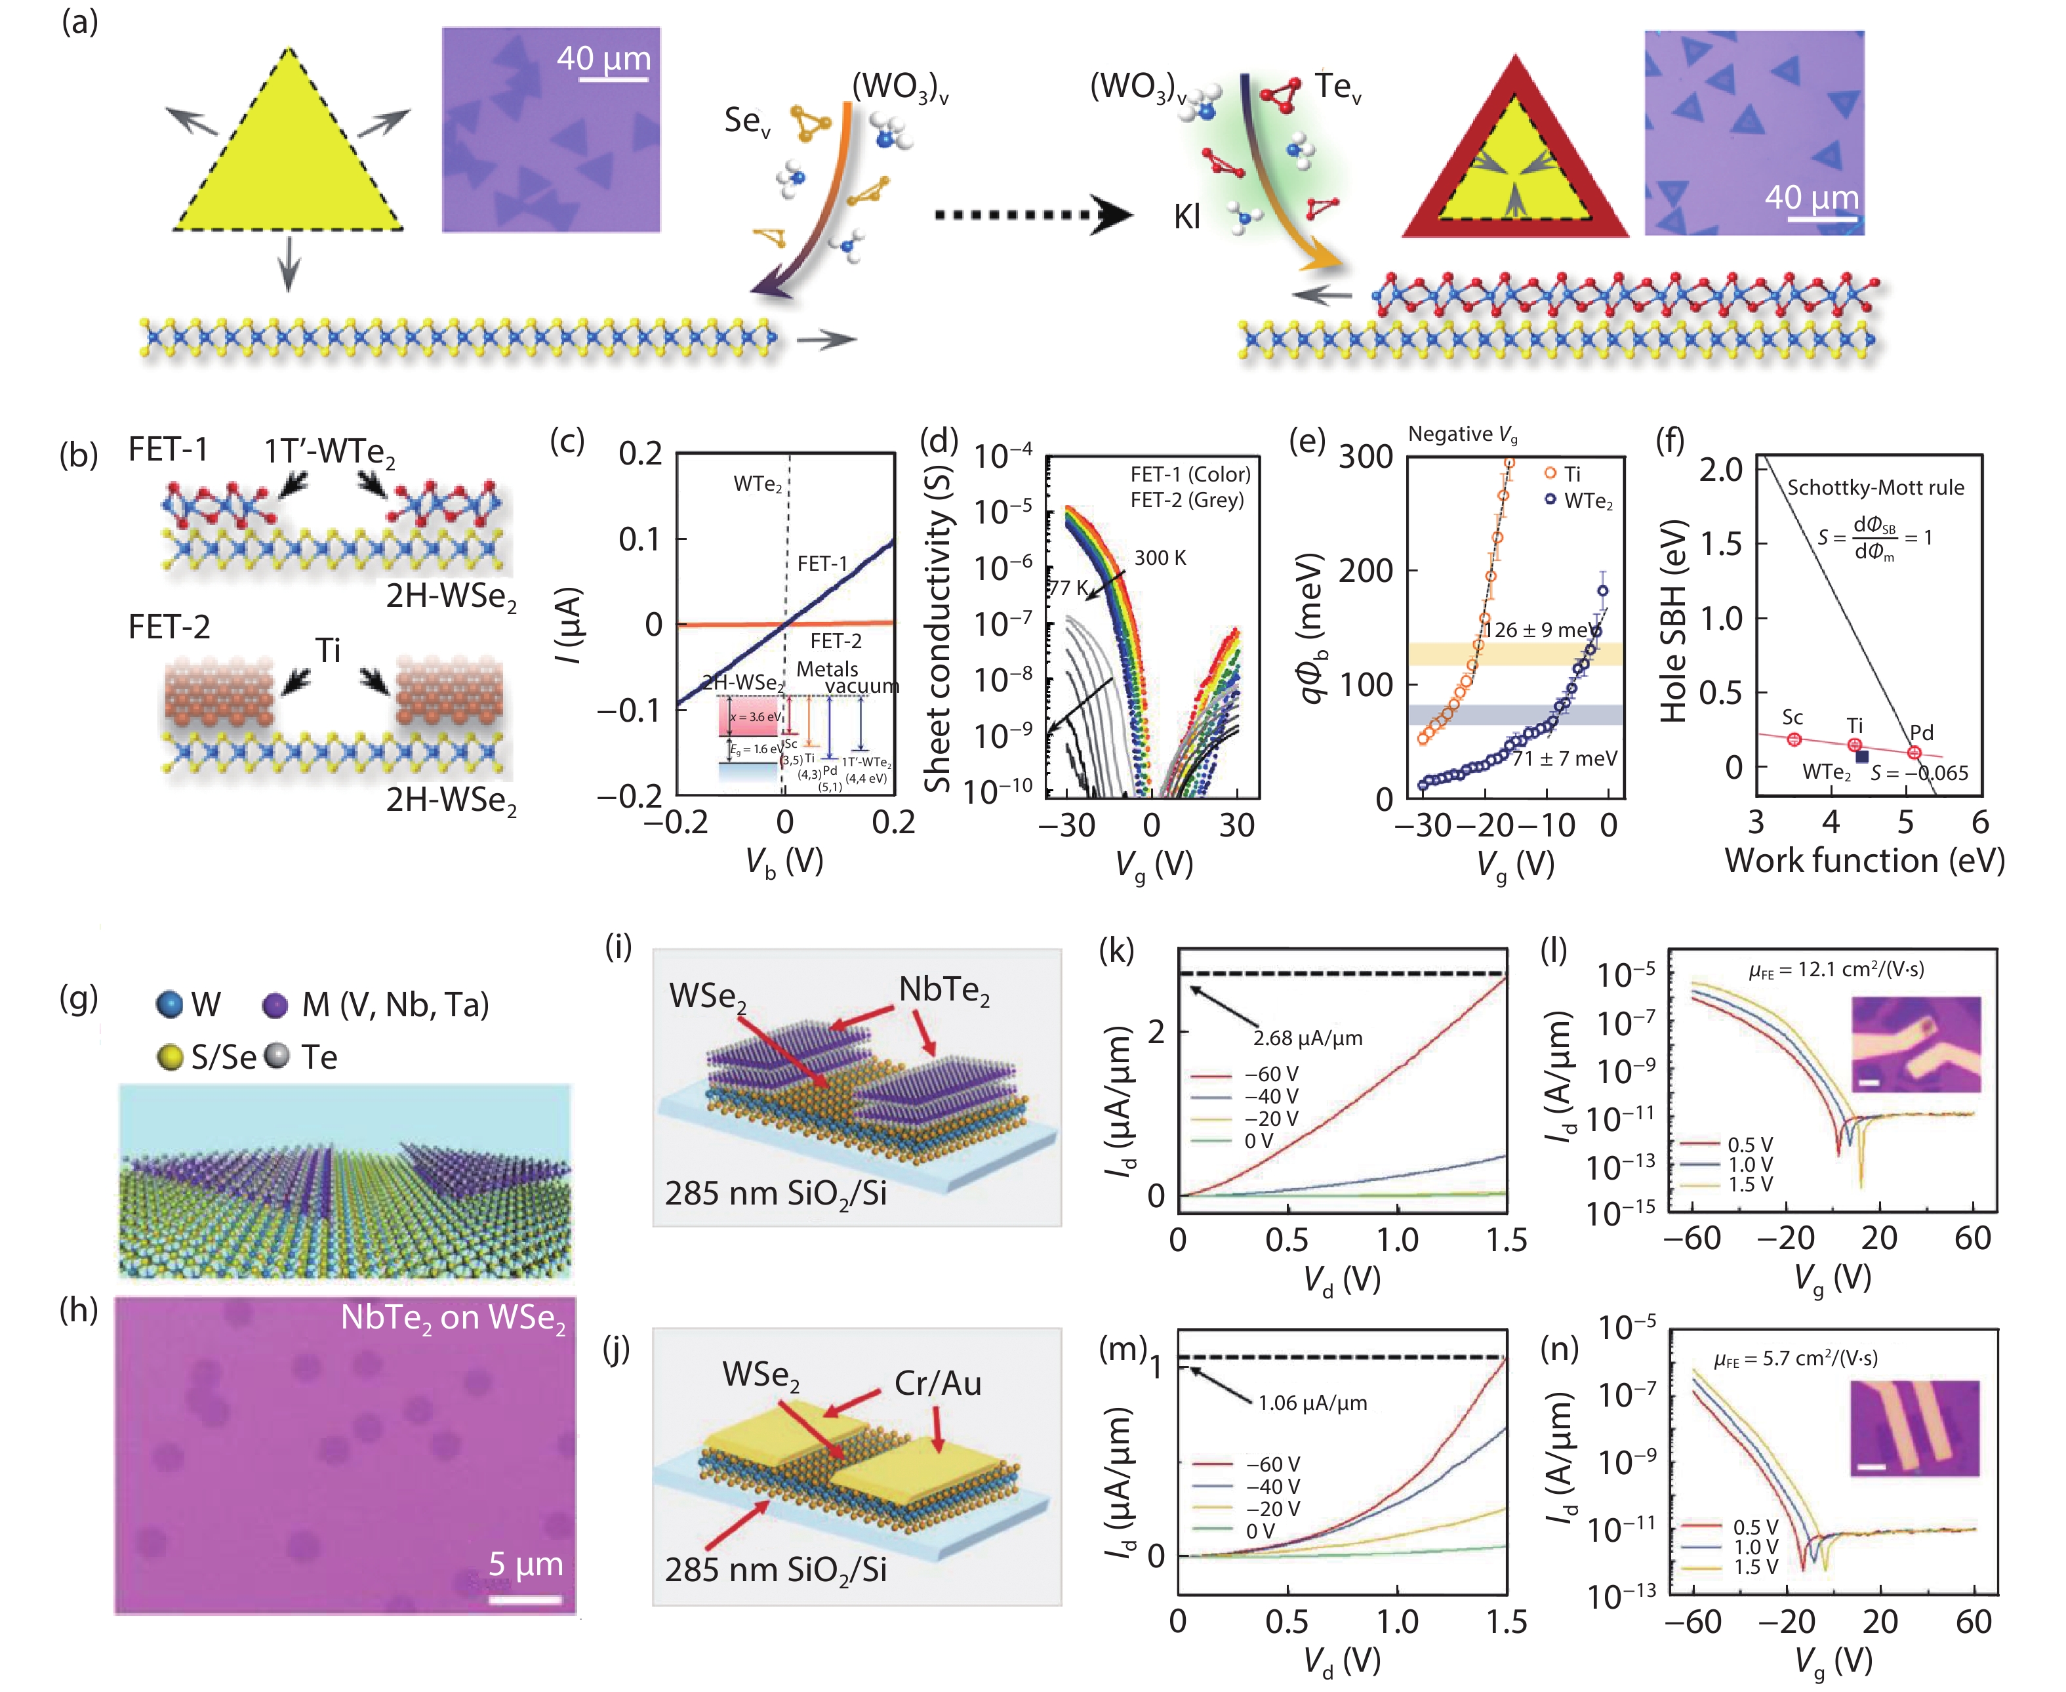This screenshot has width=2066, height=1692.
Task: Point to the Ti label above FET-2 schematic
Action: pos(329,650)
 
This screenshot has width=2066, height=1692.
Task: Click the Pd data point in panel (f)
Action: pos(1914,753)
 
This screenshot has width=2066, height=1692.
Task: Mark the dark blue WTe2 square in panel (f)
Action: pos(1862,756)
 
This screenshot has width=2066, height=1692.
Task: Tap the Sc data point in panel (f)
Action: pos(1794,739)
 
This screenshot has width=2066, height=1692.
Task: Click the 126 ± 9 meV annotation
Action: pos(1540,630)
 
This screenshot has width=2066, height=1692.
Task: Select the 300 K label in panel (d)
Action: pos(1160,558)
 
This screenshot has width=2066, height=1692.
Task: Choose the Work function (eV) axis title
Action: pos(1864,861)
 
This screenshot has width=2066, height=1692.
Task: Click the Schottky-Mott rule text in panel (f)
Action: pos(1875,487)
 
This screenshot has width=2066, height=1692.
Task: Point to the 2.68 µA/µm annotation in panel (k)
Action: pos(1308,1038)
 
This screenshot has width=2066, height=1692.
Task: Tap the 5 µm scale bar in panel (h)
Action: pos(525,1598)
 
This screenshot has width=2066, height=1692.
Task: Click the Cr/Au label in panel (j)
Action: pos(937,1383)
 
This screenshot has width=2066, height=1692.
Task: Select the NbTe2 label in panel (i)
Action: pos(943,990)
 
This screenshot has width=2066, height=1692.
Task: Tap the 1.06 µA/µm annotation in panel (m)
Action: pos(1312,1403)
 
